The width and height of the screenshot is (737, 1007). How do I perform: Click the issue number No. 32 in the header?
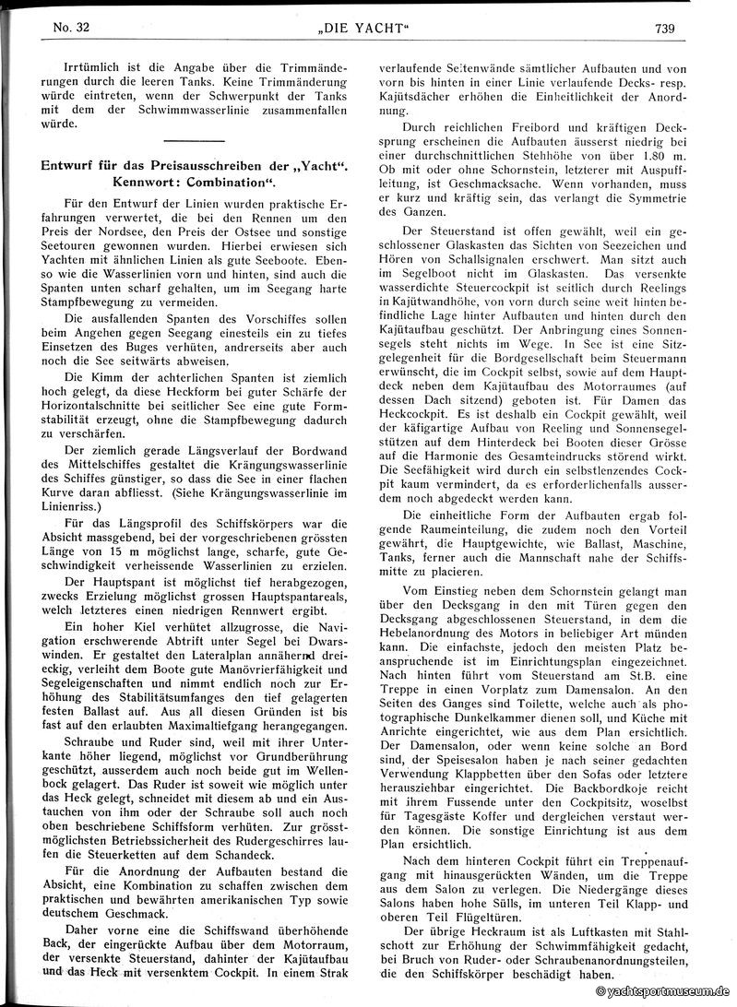click(x=62, y=28)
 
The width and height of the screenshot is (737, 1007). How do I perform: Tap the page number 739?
click(x=665, y=28)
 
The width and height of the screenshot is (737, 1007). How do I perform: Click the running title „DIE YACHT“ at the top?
click(x=368, y=28)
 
